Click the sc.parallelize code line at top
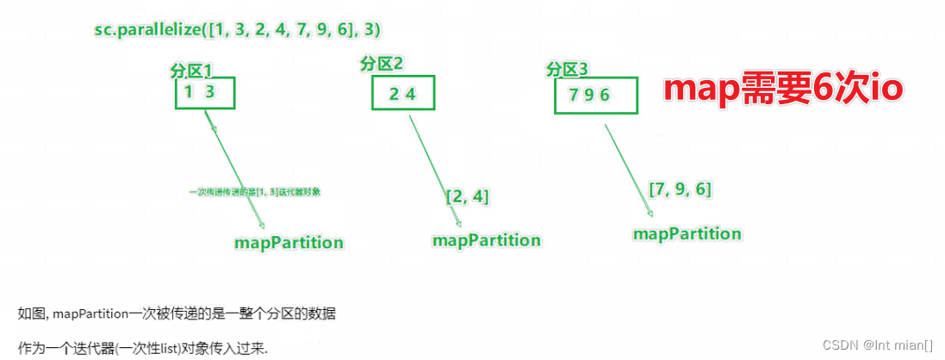pos(237,29)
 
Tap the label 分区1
pos(191,71)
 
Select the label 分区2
pos(382,63)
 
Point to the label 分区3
pos(568,68)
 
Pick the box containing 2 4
pos(402,94)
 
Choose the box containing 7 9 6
pos(595,95)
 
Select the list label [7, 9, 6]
pos(680,189)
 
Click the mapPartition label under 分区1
pos(289,242)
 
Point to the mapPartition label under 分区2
pos(487,240)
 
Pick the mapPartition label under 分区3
pos(687,233)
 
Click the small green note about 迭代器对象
pos(255,192)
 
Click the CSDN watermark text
pos(878,344)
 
